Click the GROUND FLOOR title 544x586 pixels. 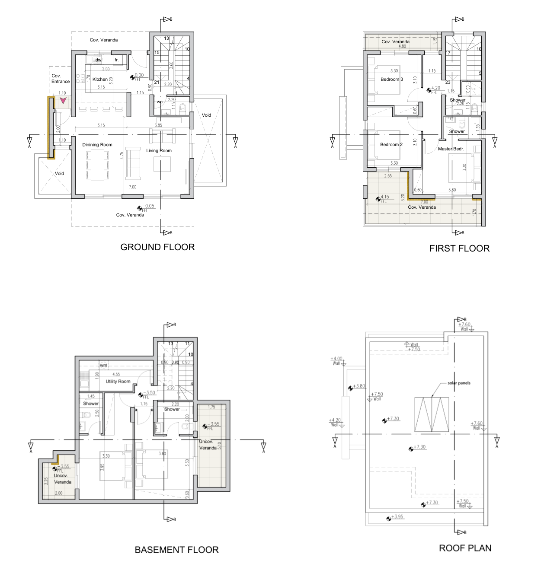(157, 247)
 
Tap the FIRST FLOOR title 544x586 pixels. (459, 248)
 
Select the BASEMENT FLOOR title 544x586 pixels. (176, 550)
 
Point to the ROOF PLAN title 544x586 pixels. (465, 548)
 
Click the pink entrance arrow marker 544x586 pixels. (63, 101)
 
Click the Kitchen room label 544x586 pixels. (100, 79)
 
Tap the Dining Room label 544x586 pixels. (97, 145)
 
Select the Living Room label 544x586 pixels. (159, 151)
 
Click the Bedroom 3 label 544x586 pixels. (391, 79)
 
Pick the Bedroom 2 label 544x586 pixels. (391, 144)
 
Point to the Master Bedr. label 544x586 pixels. (451, 149)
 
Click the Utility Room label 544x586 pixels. (118, 382)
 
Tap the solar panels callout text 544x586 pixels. (459, 383)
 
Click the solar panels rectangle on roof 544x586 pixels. (432, 414)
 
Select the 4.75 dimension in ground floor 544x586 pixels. (122, 156)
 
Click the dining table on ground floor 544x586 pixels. (97, 165)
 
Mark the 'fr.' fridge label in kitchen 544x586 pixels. (117, 60)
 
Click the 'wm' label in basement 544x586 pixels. (103, 365)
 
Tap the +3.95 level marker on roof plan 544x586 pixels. (397, 516)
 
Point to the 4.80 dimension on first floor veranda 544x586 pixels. (402, 46)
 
